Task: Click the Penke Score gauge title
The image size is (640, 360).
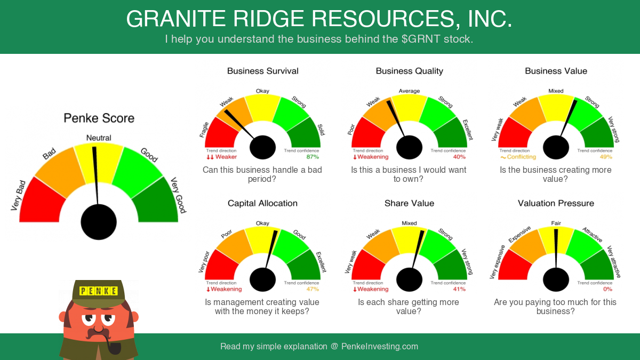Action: (x=99, y=118)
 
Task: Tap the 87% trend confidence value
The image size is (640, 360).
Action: (x=313, y=157)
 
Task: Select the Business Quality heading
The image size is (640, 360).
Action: (x=410, y=71)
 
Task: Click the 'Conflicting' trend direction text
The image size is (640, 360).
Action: (x=522, y=157)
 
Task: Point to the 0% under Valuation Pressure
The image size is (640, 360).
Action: (x=607, y=289)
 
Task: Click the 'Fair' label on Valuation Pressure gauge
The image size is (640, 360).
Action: (x=556, y=223)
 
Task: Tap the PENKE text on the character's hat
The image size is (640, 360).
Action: (x=98, y=291)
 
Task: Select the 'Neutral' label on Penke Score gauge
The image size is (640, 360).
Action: (x=99, y=138)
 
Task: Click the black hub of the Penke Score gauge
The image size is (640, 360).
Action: (x=99, y=222)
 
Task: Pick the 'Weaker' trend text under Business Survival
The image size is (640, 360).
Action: (x=226, y=157)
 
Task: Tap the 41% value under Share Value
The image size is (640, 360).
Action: (x=459, y=289)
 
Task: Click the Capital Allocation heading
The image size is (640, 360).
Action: (x=262, y=203)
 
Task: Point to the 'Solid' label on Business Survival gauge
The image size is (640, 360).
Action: (x=321, y=130)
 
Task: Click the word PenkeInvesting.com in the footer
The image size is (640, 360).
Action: (x=380, y=346)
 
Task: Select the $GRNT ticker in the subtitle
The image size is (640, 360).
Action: (x=421, y=39)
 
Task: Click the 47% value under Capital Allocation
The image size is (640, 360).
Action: (x=313, y=289)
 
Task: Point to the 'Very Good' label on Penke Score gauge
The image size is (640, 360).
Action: (x=179, y=195)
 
